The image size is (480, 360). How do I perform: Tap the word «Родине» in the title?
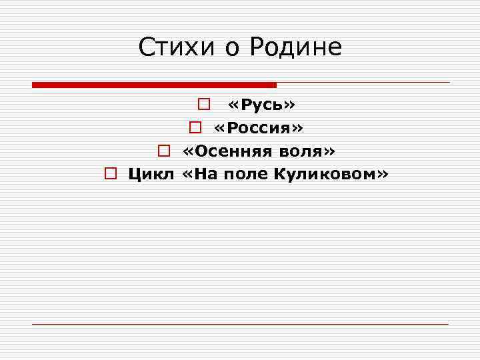(297, 47)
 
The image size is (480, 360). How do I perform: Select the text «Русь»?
(262, 105)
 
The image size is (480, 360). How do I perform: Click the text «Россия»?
(259, 128)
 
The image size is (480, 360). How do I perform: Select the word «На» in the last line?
(203, 175)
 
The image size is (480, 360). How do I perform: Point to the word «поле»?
(243, 175)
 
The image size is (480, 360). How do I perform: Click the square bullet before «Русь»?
(204, 105)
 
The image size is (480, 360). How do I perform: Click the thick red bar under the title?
(154, 85)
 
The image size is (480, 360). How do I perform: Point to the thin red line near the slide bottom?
(240, 324)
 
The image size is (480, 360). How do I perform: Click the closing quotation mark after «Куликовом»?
(382, 175)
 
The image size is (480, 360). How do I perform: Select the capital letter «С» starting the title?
(147, 47)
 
